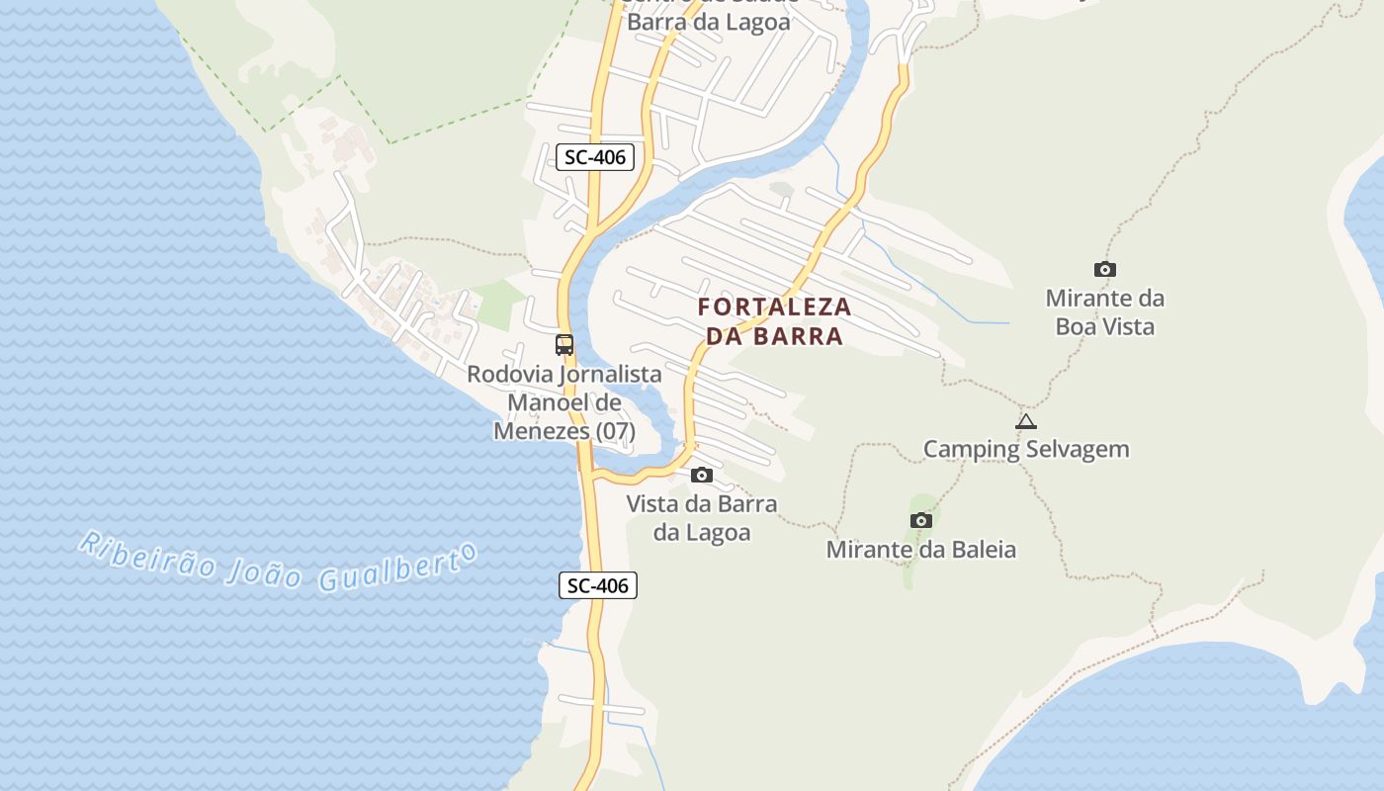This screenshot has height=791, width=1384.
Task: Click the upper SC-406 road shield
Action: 594,156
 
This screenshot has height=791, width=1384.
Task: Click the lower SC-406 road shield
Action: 598,585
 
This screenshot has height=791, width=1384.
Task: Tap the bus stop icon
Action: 564,345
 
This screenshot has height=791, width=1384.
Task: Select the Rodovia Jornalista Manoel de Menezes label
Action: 564,402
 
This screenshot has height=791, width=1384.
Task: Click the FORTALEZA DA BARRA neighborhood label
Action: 774,321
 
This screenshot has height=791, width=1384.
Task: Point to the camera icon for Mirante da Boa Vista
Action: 1105,269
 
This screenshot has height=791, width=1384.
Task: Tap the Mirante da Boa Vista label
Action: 1105,311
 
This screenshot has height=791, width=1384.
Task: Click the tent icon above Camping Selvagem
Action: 1026,421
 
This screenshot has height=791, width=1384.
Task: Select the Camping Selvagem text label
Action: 1026,449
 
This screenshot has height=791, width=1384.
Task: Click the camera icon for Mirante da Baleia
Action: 921,520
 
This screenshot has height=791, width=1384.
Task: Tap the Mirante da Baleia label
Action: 921,549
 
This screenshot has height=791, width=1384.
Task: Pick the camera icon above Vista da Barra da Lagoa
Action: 702,476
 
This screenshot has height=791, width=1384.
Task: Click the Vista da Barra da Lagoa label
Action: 702,518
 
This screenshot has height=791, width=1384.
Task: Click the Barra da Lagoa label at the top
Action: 709,22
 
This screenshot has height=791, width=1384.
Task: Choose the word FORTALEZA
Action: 774,307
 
